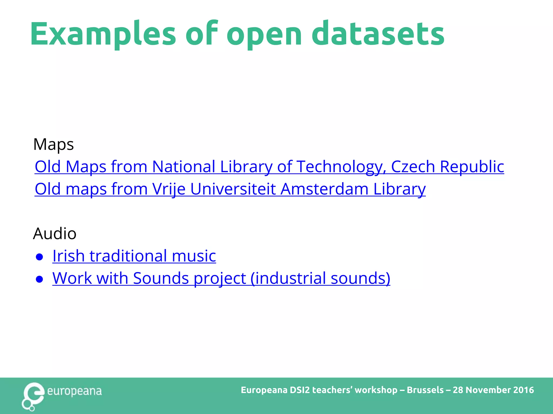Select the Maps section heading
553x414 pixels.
point(53,144)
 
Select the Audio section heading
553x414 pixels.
point(55,233)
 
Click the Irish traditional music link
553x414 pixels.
point(134,256)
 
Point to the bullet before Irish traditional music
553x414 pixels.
point(39,257)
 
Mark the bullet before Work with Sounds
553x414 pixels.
point(39,279)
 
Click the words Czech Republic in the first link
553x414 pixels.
point(447,167)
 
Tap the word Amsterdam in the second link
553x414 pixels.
point(324,189)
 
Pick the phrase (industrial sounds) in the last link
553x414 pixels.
point(320,278)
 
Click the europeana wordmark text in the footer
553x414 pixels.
point(74,391)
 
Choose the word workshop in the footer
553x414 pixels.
point(376,390)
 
